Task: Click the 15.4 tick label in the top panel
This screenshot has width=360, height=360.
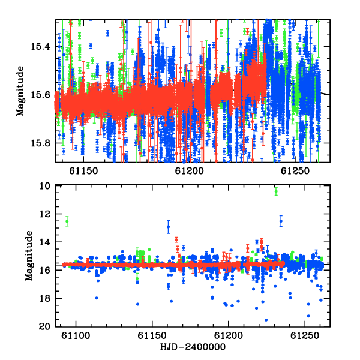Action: [x=40, y=47]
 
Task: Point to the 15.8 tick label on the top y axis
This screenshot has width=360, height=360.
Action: [x=40, y=143]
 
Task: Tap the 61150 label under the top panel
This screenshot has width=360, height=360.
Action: [x=83, y=171]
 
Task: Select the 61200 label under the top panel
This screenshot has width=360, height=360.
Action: [x=190, y=171]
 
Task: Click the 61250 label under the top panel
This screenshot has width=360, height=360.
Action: [x=295, y=171]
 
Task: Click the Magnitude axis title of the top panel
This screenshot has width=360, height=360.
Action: [x=20, y=91]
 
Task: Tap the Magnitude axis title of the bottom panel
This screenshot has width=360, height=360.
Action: [x=29, y=256]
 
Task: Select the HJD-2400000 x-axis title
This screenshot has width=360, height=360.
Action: [x=193, y=347]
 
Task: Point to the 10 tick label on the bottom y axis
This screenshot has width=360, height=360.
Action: [x=45, y=186]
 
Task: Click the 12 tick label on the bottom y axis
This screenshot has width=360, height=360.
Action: [x=45, y=214]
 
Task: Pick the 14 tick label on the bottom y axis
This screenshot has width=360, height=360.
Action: [x=45, y=242]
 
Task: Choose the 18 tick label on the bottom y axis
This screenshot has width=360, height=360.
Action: [x=45, y=298]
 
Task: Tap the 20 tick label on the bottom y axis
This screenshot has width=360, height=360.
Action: [x=45, y=326]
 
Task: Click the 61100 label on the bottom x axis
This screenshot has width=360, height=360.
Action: [x=76, y=335]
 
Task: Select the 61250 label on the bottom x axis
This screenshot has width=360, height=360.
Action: [x=305, y=335]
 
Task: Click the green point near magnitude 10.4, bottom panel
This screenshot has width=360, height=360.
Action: [x=276, y=191]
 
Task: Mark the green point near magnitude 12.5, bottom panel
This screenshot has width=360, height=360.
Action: [x=67, y=221]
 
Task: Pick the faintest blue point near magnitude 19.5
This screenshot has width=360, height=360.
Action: [x=266, y=320]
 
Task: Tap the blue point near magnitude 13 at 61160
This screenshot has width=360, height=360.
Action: [x=168, y=227]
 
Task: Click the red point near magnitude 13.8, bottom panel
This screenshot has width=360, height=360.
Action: [x=176, y=240]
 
